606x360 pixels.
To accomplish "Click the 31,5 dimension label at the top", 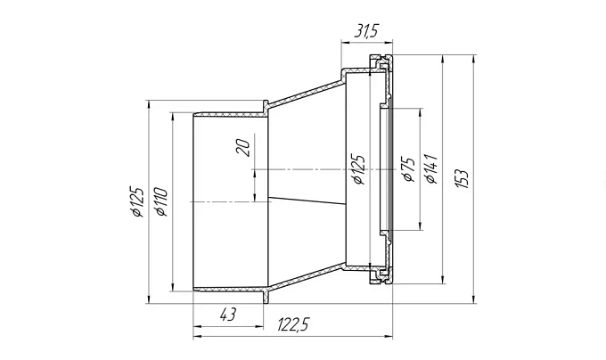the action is pyautogui.click(x=365, y=31).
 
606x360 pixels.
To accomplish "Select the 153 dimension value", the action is pyautogui.click(x=462, y=178).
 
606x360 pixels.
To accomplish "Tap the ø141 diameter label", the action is pyautogui.click(x=430, y=168).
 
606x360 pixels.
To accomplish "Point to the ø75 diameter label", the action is pyautogui.click(x=408, y=169).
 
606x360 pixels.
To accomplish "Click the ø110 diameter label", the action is pyautogui.click(x=160, y=201).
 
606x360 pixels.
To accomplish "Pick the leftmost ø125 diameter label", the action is pyautogui.click(x=137, y=201).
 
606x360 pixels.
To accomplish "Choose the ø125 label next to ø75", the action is pyautogui.click(x=358, y=169).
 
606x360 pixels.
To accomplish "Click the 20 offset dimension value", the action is pyautogui.click(x=244, y=148).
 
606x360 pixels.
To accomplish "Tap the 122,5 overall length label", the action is pyautogui.click(x=293, y=325).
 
